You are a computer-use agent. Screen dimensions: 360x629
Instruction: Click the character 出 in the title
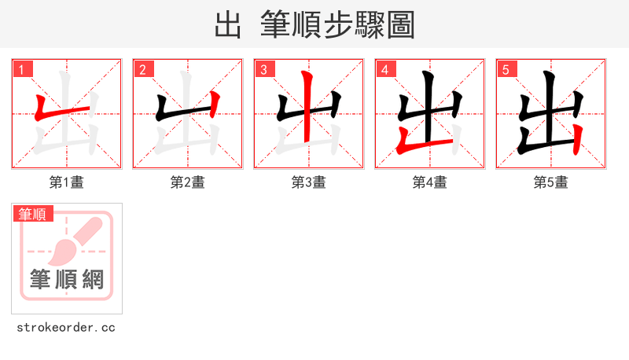pyautogui.click(x=228, y=24)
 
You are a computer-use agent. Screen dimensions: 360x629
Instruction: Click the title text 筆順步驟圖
pyautogui.click(x=337, y=24)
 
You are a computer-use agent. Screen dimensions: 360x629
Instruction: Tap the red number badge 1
pyautogui.click(x=22, y=69)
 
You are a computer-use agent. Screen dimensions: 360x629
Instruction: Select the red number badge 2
pyautogui.click(x=143, y=69)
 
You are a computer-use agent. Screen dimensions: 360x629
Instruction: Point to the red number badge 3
pyautogui.click(x=264, y=69)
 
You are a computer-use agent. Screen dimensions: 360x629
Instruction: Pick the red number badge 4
pyautogui.click(x=385, y=69)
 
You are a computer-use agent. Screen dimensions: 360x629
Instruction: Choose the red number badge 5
pyautogui.click(x=506, y=69)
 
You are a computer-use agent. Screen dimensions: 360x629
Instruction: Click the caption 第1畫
pyautogui.click(x=67, y=182)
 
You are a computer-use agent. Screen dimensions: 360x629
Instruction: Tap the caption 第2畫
pyautogui.click(x=188, y=182)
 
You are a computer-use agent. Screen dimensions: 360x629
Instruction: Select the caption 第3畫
pyautogui.click(x=309, y=182)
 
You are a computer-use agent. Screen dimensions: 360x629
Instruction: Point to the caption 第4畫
pyautogui.click(x=430, y=182)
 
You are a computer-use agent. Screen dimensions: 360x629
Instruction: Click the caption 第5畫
pyautogui.click(x=550, y=182)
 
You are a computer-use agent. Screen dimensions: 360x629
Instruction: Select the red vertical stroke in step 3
pyautogui.click(x=309, y=110)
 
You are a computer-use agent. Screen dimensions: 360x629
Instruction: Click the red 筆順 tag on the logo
pyautogui.click(x=32, y=213)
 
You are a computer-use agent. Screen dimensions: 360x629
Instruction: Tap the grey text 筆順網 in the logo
pyautogui.click(x=67, y=279)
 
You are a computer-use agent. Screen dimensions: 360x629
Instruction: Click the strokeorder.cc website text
pyautogui.click(x=67, y=327)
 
